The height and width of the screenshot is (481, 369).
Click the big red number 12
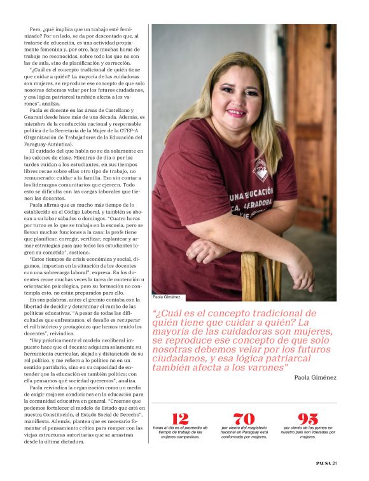(x=181, y=418)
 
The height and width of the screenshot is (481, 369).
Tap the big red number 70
(x=244, y=418)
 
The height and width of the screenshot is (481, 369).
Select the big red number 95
(x=308, y=418)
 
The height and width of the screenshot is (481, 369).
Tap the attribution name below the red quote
(x=315, y=377)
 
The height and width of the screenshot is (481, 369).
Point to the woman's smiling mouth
(x=235, y=113)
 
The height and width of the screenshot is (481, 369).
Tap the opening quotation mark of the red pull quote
(x=155, y=312)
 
